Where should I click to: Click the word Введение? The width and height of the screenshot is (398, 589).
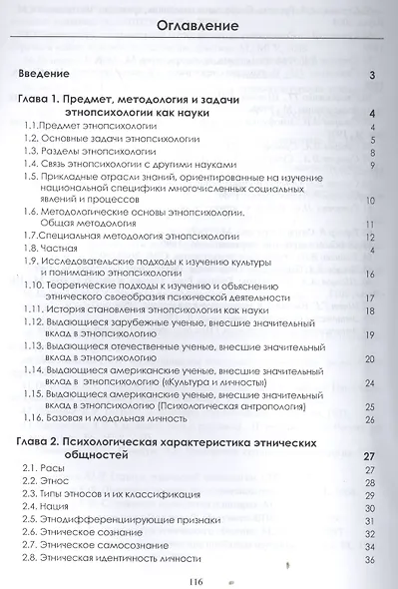44,74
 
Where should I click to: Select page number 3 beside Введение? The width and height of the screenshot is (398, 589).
370,75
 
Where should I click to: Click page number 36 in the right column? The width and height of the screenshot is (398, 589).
369,558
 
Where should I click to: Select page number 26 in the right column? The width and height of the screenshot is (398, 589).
369,391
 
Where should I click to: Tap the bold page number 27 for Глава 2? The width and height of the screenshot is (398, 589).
366,429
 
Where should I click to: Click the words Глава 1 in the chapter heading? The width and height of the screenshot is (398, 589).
44,100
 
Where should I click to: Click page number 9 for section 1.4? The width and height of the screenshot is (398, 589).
370,165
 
